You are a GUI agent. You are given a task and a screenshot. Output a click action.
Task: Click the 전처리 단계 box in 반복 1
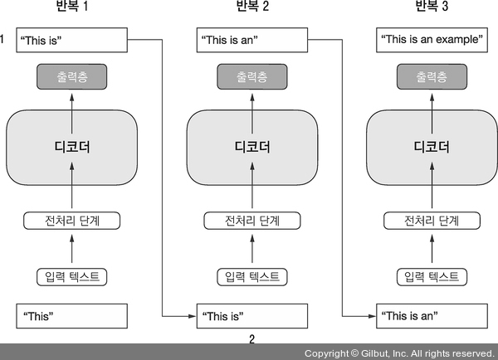tap(71, 221)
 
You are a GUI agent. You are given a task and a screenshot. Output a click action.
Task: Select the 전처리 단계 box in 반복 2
tap(251, 221)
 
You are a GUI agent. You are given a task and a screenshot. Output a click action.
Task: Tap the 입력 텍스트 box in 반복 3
tap(431, 275)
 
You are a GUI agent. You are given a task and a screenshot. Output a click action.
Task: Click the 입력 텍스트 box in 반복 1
tap(71, 275)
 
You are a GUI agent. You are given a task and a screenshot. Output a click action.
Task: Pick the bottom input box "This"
tap(71, 315)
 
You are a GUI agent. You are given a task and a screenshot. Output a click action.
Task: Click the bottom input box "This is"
tap(251, 315)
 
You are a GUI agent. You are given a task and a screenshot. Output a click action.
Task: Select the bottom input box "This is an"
tap(431, 315)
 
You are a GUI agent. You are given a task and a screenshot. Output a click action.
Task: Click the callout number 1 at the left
tap(3, 38)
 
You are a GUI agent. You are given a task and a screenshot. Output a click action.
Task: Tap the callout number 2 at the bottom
tap(251, 338)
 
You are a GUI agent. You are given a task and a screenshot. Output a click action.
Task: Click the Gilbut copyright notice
tap(398, 353)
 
